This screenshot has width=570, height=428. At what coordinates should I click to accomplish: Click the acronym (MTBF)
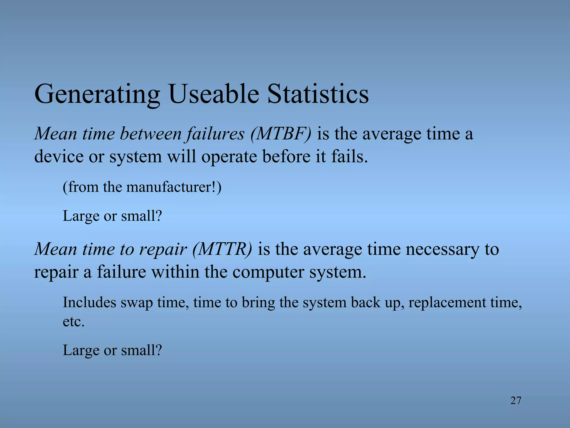[281, 134]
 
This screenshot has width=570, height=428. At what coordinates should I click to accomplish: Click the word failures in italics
[215, 134]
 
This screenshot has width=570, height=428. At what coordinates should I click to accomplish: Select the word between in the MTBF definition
[151, 134]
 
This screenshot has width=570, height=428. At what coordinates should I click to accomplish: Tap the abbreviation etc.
[73, 322]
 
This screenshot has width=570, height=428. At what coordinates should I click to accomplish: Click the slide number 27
[516, 400]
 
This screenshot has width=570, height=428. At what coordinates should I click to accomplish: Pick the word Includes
[89, 302]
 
